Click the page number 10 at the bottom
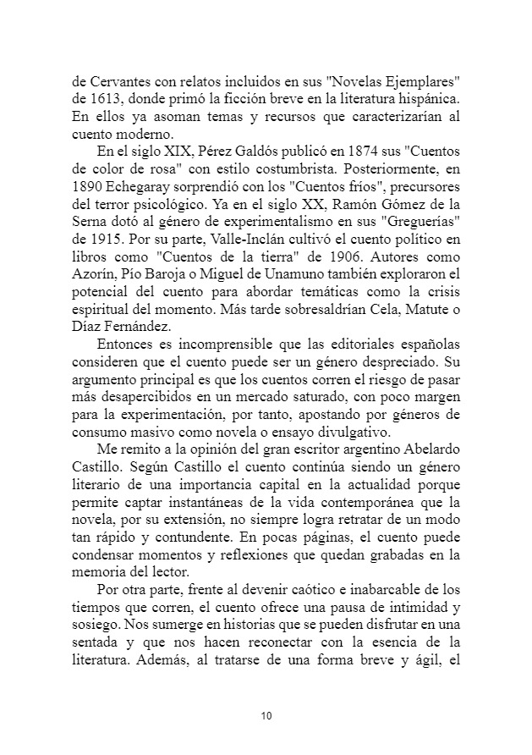pos(266,716)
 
